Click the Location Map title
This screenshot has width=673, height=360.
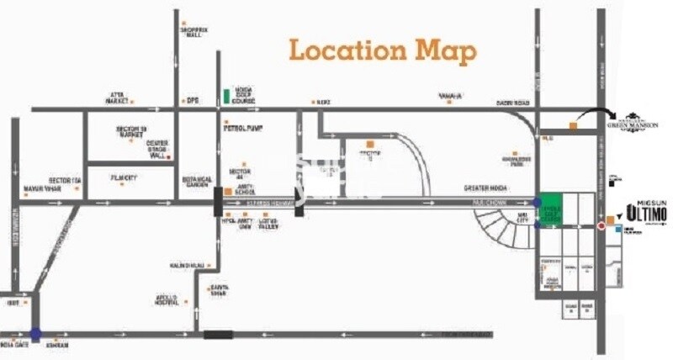pos(383,50)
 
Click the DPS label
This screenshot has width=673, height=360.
pos(192,100)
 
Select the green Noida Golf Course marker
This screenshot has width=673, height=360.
pos(225,96)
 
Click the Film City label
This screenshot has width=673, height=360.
pos(124,177)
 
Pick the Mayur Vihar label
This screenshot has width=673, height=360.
pos(43,188)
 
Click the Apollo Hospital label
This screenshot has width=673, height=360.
pos(172,299)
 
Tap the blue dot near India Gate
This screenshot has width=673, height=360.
pos(34,334)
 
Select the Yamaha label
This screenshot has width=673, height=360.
pos(451,97)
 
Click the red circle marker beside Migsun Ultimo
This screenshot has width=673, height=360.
pos(601,225)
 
